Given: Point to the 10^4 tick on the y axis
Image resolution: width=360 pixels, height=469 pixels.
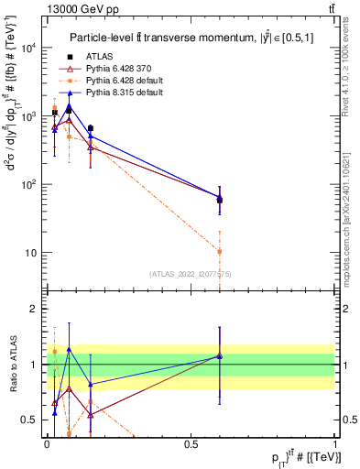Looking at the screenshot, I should click(x=30, y=49).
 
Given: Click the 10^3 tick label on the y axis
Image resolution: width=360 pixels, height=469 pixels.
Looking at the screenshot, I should click(x=30, y=116).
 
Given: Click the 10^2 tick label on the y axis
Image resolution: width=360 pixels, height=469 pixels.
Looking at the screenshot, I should click(x=30, y=184).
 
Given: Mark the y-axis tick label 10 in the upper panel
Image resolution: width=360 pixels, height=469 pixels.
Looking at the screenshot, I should click(x=34, y=252).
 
